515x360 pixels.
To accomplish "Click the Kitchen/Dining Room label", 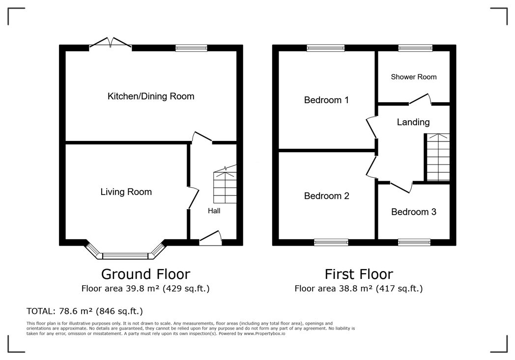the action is [151, 96].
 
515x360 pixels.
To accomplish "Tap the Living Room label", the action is [126, 192].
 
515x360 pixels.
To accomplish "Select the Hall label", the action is [214, 211].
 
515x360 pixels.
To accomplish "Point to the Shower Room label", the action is [413, 77].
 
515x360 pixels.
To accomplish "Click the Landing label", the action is [413, 122].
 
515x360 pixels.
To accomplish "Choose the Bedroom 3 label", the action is [413, 212].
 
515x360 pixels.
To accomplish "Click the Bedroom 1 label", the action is [326, 100].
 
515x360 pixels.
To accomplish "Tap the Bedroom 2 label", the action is [326, 196].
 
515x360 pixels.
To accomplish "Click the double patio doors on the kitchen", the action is [111, 44].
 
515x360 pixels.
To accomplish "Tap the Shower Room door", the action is [420, 99].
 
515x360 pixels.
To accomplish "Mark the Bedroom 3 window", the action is [414, 243].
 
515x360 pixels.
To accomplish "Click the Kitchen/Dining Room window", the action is [192, 48].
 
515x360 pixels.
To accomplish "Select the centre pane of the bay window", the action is [126, 256].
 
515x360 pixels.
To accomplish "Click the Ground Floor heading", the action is [145, 274].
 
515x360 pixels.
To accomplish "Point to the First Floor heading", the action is [359, 274].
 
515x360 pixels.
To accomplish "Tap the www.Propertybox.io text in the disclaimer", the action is [264, 333].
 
